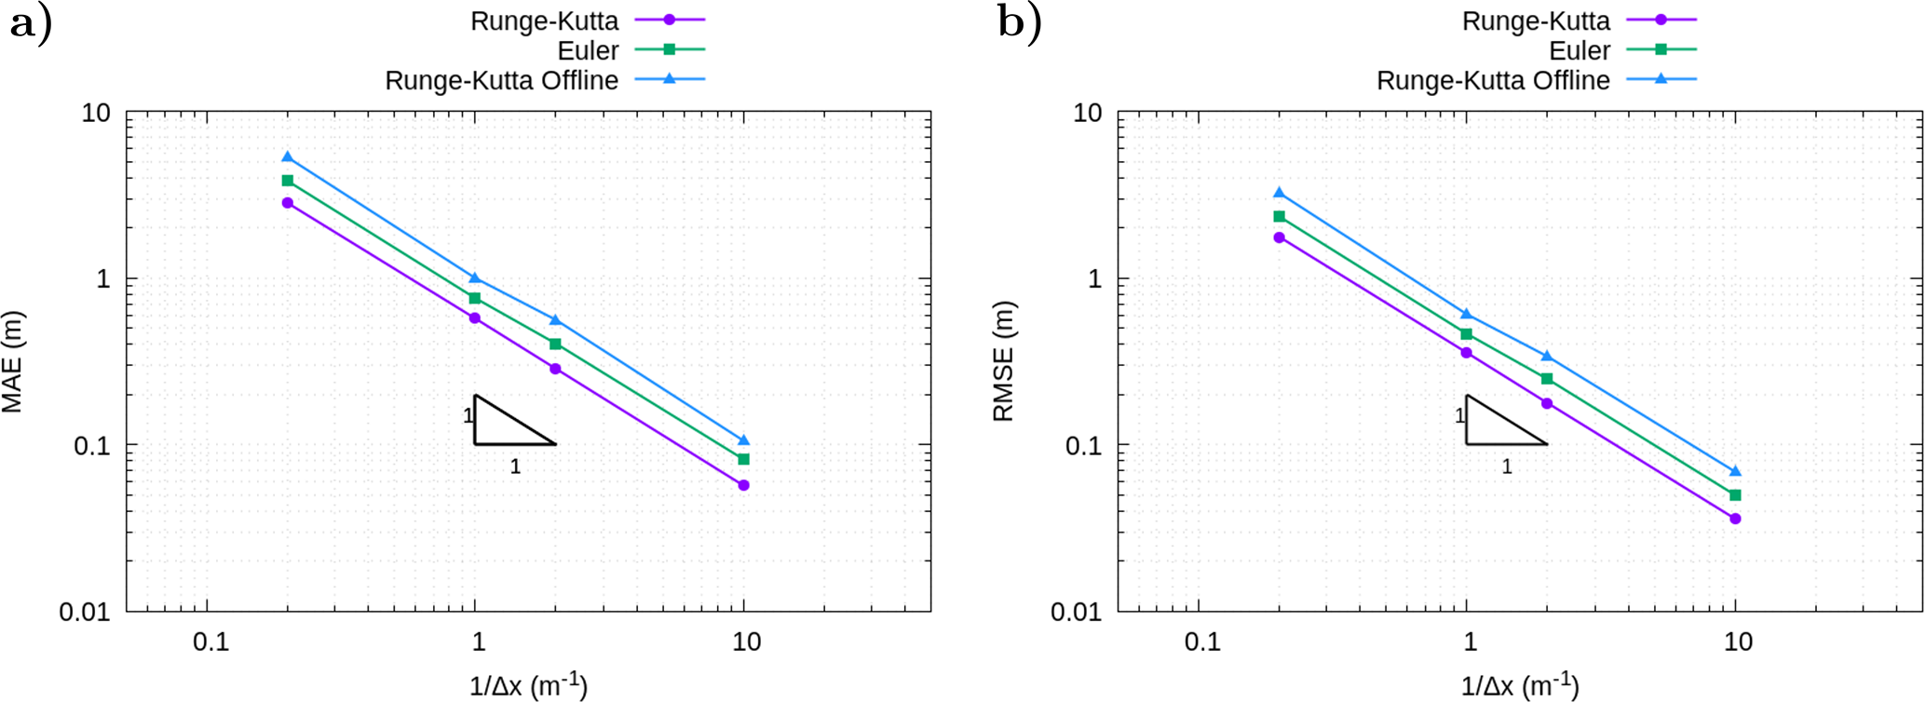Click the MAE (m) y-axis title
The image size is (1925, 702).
pos(12,362)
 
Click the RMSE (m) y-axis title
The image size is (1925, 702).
pos(1003,362)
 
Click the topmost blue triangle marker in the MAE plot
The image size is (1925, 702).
pos(288,157)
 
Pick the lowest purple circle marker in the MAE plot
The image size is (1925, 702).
pos(743,485)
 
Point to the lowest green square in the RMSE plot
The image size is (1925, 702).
pos(1735,495)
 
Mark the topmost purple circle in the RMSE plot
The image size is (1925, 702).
pos(1279,237)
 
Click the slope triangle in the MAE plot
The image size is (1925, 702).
pos(503,427)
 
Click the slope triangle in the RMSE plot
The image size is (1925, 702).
pos(1495,427)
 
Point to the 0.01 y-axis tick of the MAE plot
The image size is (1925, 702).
pos(85,613)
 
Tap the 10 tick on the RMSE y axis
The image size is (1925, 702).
pos(1088,114)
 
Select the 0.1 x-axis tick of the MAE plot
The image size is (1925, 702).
pos(210,642)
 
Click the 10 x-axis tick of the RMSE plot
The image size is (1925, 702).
pos(1738,642)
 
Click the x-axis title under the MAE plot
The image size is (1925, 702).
pos(528,687)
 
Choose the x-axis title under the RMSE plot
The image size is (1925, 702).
pos(1520,687)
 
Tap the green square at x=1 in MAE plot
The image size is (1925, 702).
pos(475,298)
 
